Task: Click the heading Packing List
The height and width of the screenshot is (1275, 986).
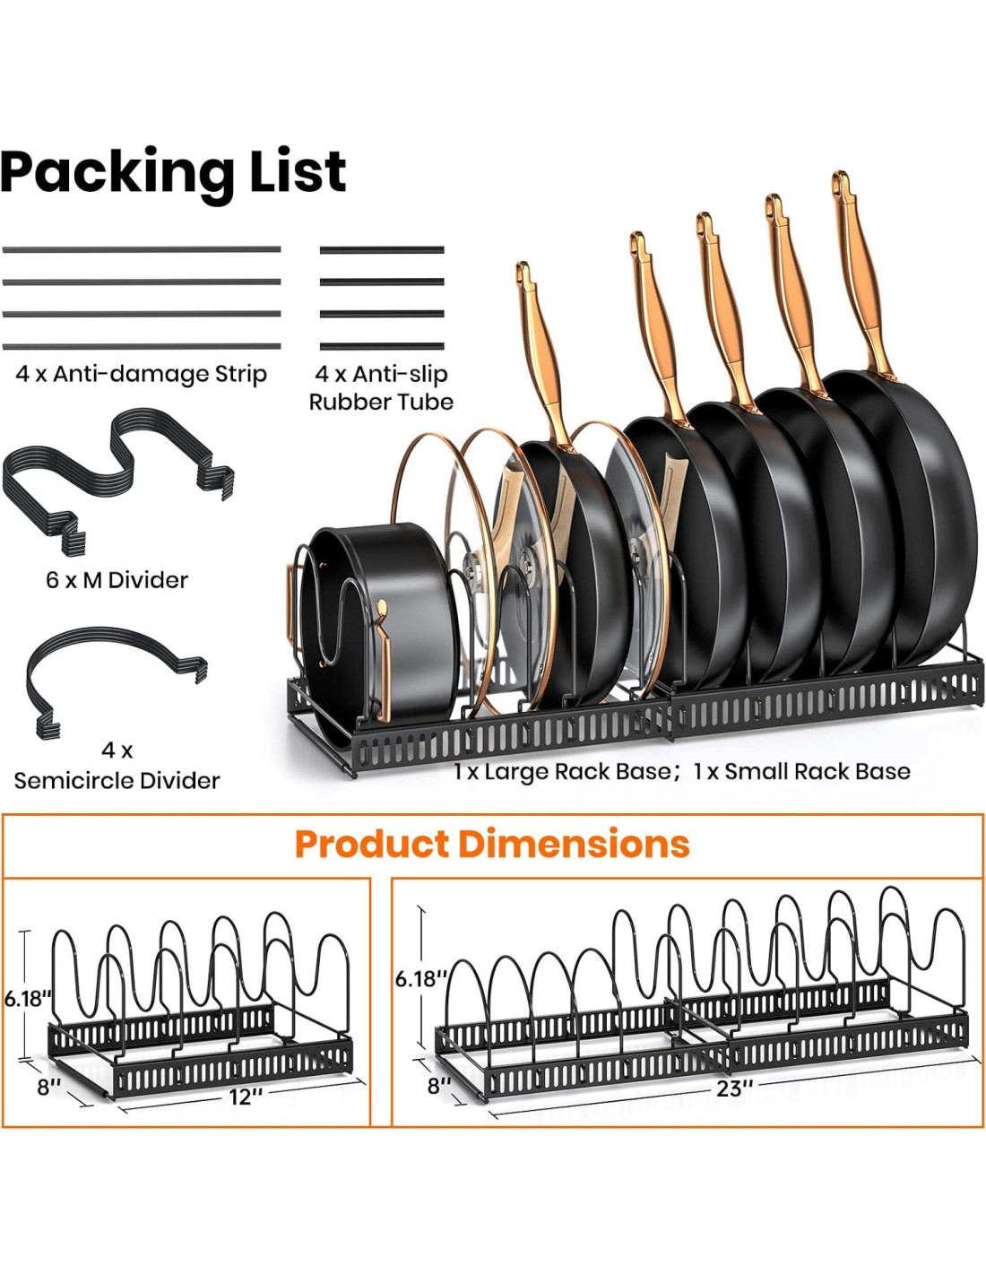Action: pos(173,171)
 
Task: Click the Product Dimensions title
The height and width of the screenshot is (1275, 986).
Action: pos(492,845)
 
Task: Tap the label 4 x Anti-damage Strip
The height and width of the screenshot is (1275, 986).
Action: pos(142,374)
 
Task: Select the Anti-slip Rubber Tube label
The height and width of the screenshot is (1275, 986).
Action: pos(381,387)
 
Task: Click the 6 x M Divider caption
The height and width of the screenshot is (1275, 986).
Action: pos(117,580)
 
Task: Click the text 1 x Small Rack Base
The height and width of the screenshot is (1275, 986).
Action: pos(802,772)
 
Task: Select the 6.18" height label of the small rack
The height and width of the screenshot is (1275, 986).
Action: pos(28,999)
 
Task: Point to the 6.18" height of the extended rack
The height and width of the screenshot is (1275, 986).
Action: pos(419,978)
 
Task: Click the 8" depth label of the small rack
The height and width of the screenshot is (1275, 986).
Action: pos(48,1087)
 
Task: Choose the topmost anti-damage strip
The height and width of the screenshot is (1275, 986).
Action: pos(142,249)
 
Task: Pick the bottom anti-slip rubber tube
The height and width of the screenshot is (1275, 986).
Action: pos(382,346)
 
